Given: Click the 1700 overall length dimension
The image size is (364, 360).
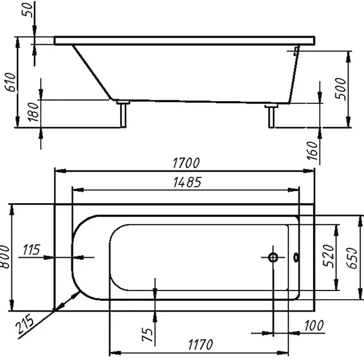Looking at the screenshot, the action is pyautogui.click(x=186, y=163).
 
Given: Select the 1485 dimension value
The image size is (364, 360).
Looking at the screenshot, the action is pyautogui.click(x=187, y=182).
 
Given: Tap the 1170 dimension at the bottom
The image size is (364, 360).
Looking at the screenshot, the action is pyautogui.click(x=200, y=344).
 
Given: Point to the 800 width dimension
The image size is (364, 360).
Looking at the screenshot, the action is pyautogui.click(x=5, y=257).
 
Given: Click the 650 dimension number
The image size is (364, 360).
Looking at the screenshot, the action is pyautogui.click(x=352, y=258).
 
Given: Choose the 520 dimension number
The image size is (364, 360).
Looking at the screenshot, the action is pyautogui.click(x=329, y=256).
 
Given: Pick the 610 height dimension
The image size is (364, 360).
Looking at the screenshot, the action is pyautogui.click(x=10, y=82).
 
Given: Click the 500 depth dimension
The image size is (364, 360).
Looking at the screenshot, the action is pyautogui.click(x=340, y=88).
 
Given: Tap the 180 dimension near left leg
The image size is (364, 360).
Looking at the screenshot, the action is pyautogui.click(x=33, y=112).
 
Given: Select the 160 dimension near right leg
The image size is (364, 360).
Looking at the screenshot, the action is pyautogui.click(x=312, y=150).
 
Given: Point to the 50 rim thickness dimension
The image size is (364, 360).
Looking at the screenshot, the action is pyautogui.click(x=27, y=10).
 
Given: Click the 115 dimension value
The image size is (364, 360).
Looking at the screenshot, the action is pyautogui.click(x=32, y=250).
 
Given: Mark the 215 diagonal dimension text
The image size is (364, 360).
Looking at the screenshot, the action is pyautogui.click(x=25, y=324).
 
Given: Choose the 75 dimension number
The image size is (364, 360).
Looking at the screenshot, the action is pyautogui.click(x=148, y=334).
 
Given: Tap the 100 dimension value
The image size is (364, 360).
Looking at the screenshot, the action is pyautogui.click(x=314, y=326).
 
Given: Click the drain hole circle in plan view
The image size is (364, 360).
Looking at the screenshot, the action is pyautogui.click(x=273, y=257).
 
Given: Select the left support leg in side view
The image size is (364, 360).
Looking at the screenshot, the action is pyautogui.click(x=123, y=114).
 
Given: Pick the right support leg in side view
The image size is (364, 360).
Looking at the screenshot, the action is pyautogui.click(x=271, y=116).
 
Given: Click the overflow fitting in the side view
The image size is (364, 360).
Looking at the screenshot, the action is pyautogui.click(x=296, y=51).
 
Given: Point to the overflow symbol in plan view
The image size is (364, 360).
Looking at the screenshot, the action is pyautogui.click(x=296, y=258).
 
